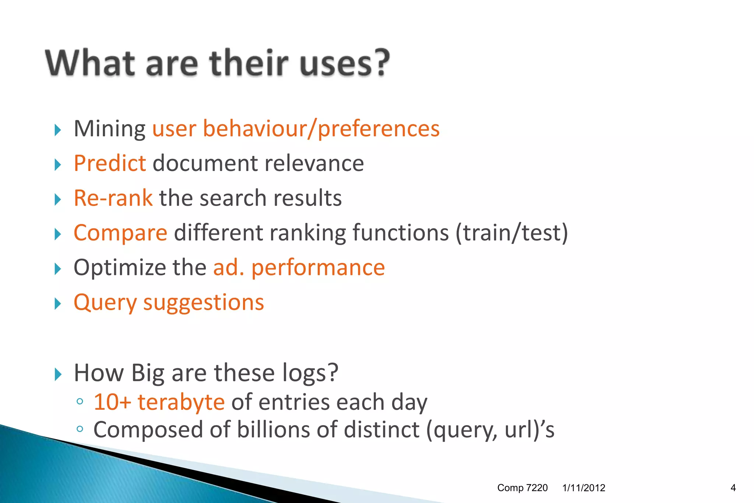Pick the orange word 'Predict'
point(110,163)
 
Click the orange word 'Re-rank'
point(113,198)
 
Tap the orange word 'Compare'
point(120,233)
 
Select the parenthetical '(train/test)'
point(512,233)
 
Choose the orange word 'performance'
point(318,268)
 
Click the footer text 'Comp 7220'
point(522,488)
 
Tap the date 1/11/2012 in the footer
point(584,488)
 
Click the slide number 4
point(733,488)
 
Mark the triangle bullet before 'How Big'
point(57,374)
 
